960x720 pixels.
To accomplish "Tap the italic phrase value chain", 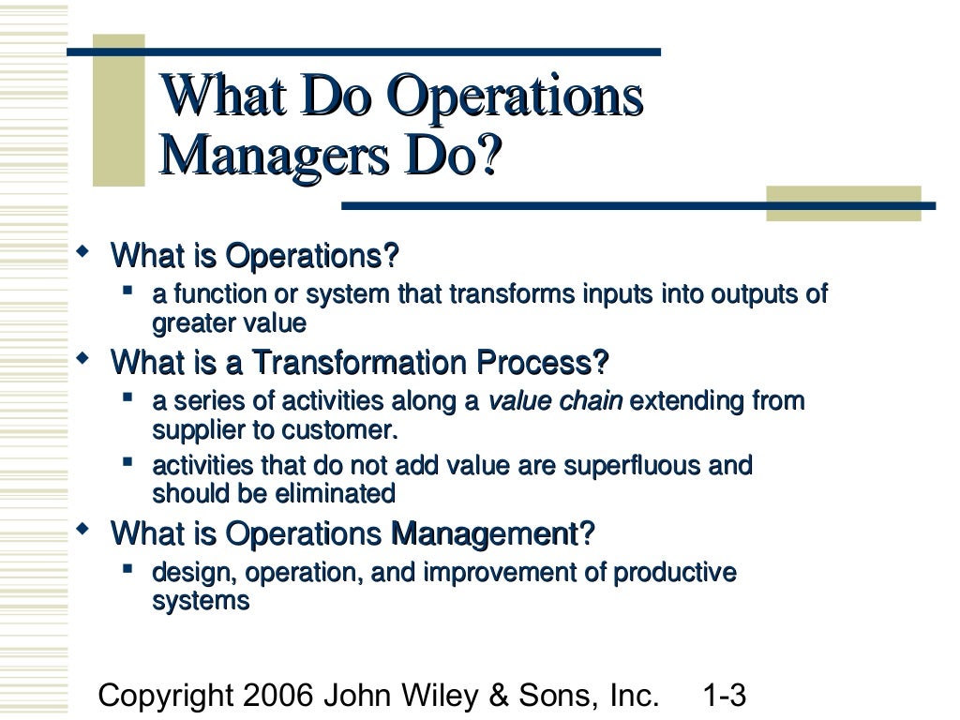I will [556, 402].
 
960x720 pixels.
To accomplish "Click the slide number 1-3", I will [724, 696].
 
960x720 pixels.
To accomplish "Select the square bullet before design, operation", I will [128, 568].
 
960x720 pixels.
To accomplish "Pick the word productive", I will [681, 572].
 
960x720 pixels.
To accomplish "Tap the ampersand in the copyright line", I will [500, 696].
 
